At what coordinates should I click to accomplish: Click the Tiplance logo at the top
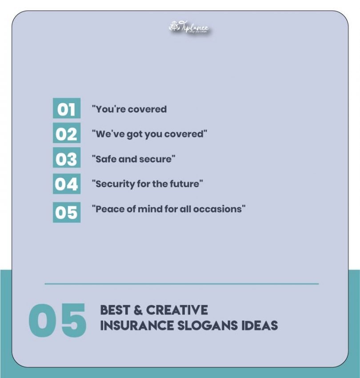188,28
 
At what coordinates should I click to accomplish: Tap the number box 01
66,109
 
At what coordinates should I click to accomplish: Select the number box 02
66,133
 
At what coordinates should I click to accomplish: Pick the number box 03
66,158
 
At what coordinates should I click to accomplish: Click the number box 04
66,183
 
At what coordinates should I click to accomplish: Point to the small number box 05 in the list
66,212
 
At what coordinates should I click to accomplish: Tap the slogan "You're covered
129,109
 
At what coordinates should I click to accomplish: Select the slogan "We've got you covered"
150,134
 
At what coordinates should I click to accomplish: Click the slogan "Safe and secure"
133,159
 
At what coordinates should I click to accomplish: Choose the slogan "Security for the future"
148,184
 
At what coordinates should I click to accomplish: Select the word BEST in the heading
115,310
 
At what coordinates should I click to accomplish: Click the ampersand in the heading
138,310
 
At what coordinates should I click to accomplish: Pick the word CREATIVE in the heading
177,310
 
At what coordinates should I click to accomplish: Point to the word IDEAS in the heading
260,325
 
